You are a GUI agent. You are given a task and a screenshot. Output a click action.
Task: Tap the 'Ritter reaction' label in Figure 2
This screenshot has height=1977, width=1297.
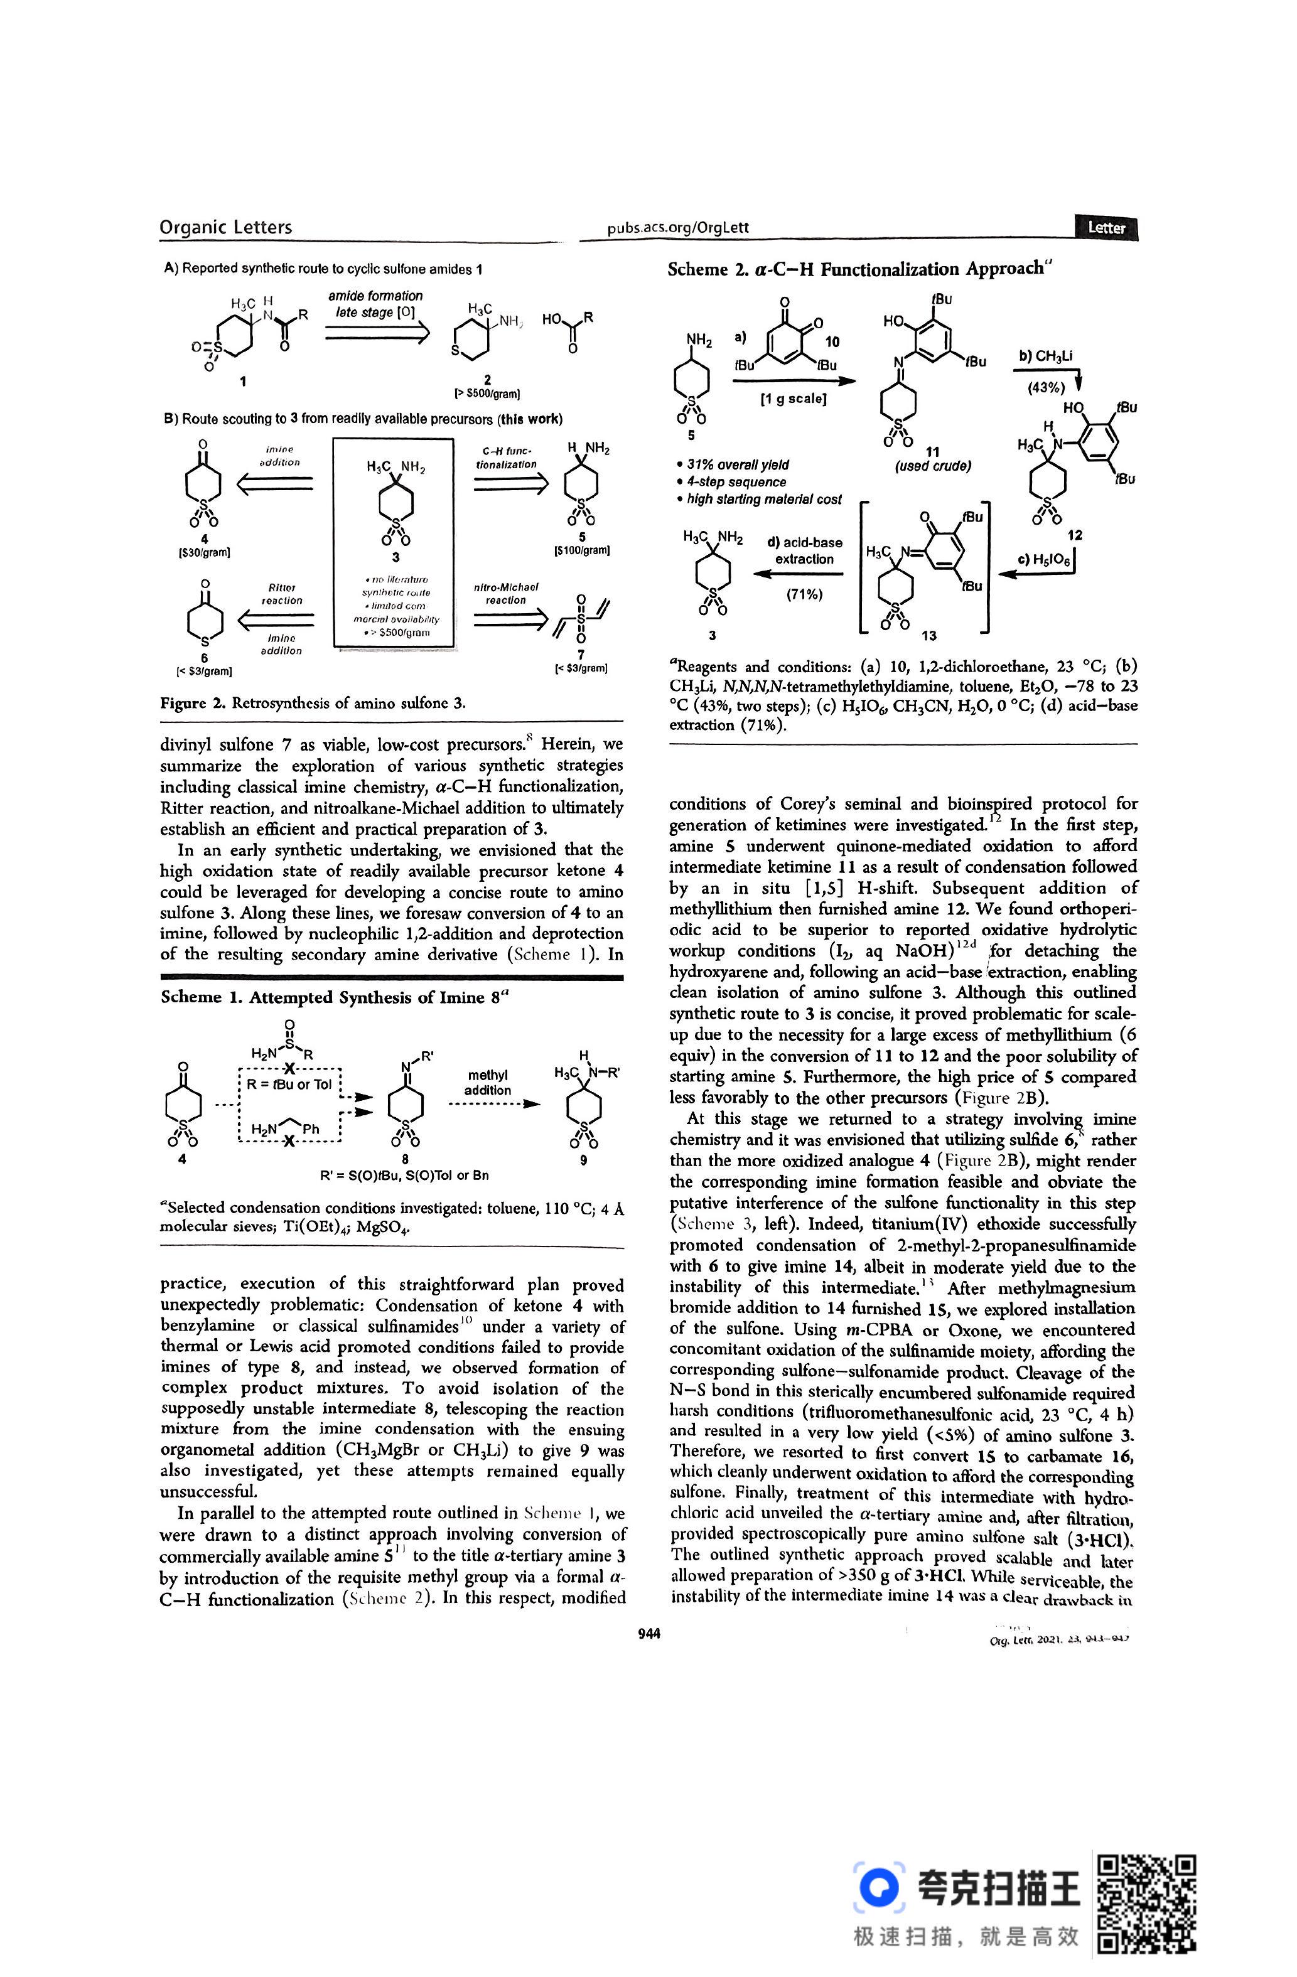[x=282, y=594]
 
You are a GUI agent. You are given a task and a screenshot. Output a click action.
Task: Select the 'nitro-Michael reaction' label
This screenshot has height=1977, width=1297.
[x=505, y=593]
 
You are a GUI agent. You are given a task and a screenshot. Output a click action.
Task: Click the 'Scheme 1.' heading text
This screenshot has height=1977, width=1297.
[x=200, y=998]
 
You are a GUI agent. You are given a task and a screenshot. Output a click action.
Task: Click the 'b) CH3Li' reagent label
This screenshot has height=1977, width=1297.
[x=1045, y=357]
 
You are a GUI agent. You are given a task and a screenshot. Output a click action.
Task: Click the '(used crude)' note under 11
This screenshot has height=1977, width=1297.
[x=932, y=466]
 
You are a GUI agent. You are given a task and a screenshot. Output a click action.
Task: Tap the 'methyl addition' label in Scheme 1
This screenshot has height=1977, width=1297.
[x=488, y=1083]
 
